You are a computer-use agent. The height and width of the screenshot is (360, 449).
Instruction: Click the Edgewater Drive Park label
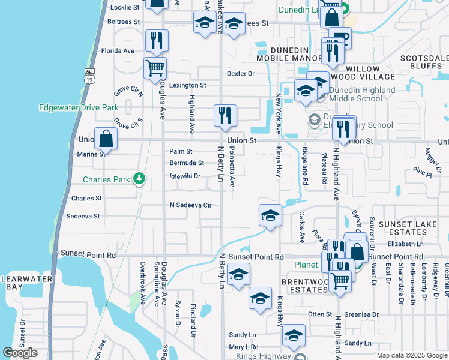[x=78, y=108]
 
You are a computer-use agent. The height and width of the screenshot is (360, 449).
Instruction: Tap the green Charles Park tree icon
[x=139, y=179]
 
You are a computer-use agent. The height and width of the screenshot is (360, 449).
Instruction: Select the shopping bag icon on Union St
[x=106, y=138]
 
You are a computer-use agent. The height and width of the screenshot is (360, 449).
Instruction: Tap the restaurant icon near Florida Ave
[x=156, y=40]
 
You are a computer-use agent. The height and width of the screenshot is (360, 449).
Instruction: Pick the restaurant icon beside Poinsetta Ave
[x=225, y=115]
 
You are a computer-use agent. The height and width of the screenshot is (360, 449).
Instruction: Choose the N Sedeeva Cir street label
[x=190, y=205]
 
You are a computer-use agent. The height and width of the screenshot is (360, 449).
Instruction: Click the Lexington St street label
[x=187, y=86]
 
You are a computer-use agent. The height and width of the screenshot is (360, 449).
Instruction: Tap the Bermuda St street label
[x=186, y=163]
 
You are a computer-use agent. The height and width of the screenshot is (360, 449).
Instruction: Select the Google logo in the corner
[x=20, y=353]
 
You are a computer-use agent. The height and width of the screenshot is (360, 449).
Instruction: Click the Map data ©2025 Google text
[x=411, y=355]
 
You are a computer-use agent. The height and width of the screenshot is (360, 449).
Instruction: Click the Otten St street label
[x=320, y=314]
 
